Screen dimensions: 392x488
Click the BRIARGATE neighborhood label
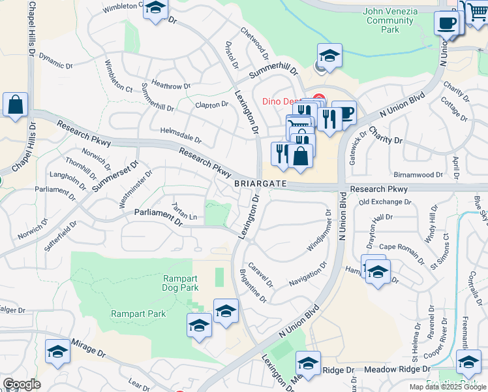point(261,185)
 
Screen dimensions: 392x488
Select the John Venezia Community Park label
point(389,20)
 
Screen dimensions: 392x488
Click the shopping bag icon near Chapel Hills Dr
point(15,105)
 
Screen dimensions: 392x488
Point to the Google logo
point(22,384)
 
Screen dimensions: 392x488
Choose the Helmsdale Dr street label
point(181,135)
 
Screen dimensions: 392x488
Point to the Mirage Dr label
point(88,348)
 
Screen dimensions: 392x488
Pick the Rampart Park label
point(138,314)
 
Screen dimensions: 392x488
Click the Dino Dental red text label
point(284,101)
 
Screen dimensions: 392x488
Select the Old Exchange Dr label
point(385,202)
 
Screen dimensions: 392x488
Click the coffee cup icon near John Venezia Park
point(447,24)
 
